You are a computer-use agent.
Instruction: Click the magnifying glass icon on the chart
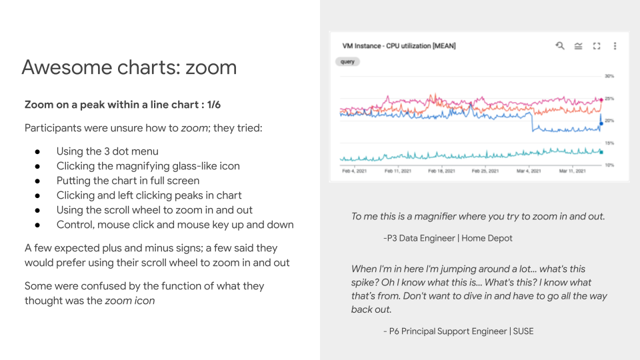(560, 46)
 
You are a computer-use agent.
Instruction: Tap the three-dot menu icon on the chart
(615, 46)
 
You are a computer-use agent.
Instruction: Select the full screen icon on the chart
(597, 46)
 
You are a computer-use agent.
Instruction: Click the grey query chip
(347, 61)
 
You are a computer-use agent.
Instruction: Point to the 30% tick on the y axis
(609, 76)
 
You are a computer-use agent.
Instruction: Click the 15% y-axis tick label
(609, 143)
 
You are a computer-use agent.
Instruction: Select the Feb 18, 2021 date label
(441, 171)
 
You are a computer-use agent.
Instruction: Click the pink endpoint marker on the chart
(601, 99)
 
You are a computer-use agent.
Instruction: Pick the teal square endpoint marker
(601, 152)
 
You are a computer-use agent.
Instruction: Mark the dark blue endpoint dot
(601, 123)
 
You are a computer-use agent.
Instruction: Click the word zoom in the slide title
(211, 67)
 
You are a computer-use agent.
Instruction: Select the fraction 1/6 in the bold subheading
(214, 105)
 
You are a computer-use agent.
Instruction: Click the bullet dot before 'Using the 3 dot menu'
(38, 151)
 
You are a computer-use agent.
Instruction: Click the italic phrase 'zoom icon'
(130, 301)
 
